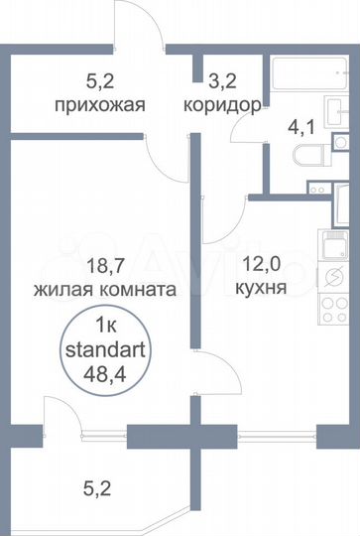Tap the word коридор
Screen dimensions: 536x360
click(224, 102)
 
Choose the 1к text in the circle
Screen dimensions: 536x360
click(105, 325)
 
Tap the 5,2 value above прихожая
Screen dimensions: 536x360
click(97, 79)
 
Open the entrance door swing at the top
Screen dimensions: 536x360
click(140, 25)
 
